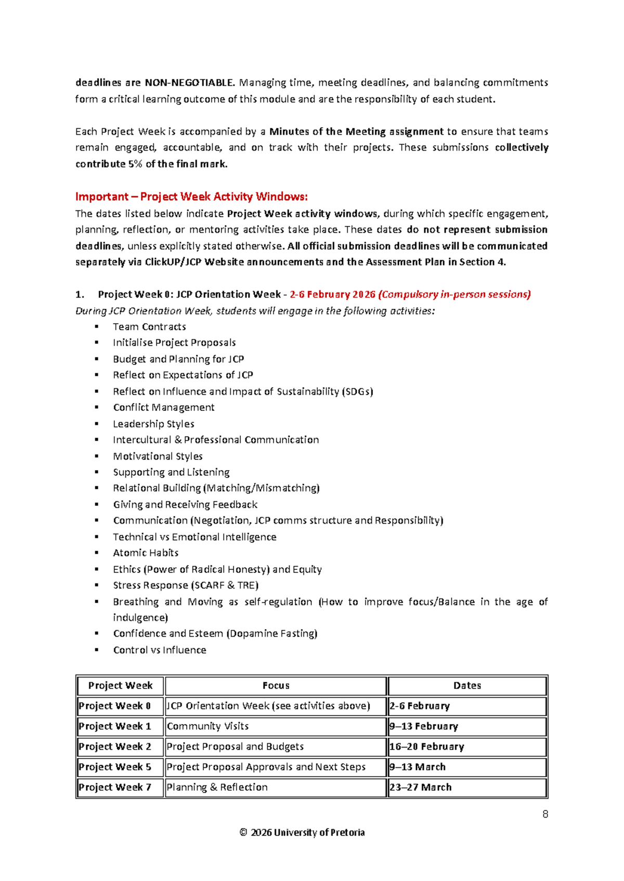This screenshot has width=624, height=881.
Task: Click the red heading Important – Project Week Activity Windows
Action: [x=191, y=196]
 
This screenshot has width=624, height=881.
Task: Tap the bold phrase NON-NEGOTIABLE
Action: [x=189, y=83]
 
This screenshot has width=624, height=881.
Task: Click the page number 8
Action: [x=545, y=814]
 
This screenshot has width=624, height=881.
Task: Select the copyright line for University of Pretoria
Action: [x=302, y=832]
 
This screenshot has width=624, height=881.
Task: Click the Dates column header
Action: [x=467, y=686]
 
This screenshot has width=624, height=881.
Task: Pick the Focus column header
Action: [x=276, y=686]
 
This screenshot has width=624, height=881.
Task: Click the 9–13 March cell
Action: [x=418, y=767]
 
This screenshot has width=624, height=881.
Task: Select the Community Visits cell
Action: [x=207, y=726]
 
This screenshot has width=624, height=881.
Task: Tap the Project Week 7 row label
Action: [x=115, y=787]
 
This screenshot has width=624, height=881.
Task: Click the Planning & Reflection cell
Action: [x=217, y=787]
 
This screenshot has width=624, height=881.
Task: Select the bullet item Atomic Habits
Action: [x=146, y=553]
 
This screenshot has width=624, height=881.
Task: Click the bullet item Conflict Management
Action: [x=164, y=407]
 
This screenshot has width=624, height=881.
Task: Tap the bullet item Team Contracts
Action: [x=149, y=327]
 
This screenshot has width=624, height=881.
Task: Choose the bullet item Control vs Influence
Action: [x=160, y=650]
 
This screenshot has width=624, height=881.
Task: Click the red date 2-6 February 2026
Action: [x=332, y=295]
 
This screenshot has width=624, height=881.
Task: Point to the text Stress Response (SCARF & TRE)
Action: [x=186, y=585]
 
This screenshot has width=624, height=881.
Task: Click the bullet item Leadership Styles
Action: [x=153, y=424]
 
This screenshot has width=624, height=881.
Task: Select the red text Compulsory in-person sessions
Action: [x=454, y=295]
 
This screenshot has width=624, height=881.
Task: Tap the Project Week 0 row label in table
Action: [x=115, y=706]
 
